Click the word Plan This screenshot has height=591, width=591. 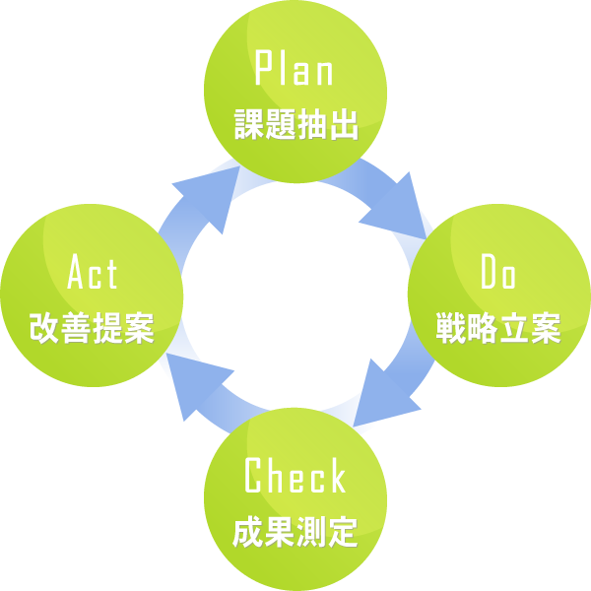295,69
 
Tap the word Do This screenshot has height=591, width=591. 498,273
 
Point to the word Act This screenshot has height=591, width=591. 92,273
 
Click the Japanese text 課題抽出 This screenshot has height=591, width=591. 295,125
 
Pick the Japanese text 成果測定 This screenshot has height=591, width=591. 295,532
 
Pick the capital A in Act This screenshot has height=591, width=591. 75,273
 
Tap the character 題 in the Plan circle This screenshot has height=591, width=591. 280,125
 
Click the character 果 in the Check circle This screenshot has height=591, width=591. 280,532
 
